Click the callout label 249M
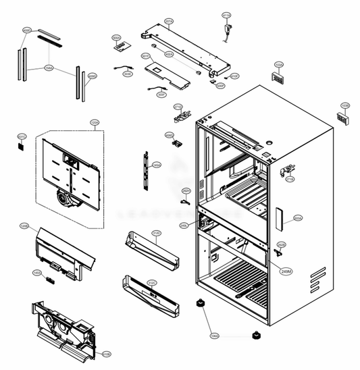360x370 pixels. point(286,271)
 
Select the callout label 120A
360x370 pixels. point(95,122)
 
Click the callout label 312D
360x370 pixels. point(156,234)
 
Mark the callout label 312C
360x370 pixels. point(152,284)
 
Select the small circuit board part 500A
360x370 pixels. point(121,47)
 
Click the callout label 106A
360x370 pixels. point(214,336)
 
